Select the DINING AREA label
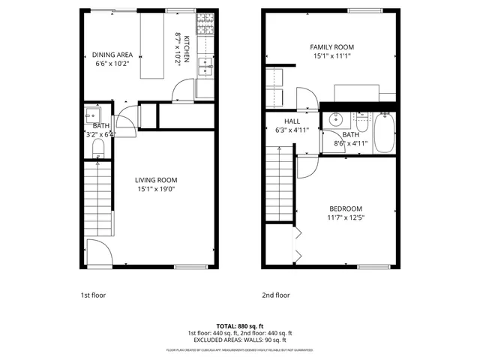(x=112, y=54)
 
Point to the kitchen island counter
(x=152, y=46)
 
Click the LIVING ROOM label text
(x=156, y=180)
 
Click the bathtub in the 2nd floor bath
(x=383, y=132)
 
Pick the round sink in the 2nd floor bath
(x=335, y=118)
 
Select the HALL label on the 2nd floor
(x=292, y=121)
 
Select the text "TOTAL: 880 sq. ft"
(x=240, y=325)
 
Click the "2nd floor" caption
(x=275, y=295)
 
